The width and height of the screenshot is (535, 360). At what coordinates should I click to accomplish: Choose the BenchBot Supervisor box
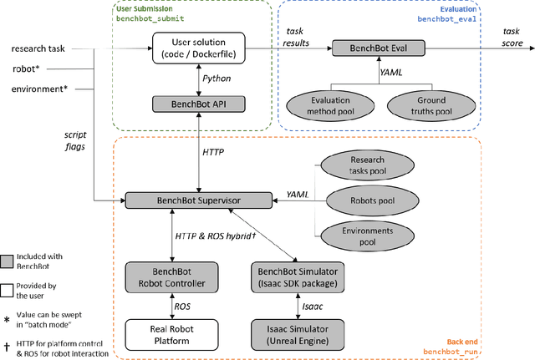click(x=197, y=200)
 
